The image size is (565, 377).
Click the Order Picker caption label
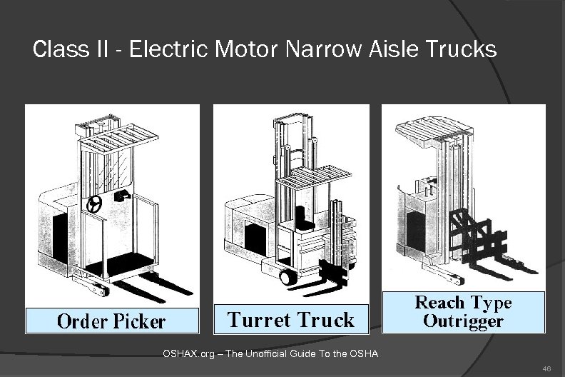(111, 321)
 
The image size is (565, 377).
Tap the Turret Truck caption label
(291, 319)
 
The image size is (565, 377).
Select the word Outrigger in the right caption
(463, 320)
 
